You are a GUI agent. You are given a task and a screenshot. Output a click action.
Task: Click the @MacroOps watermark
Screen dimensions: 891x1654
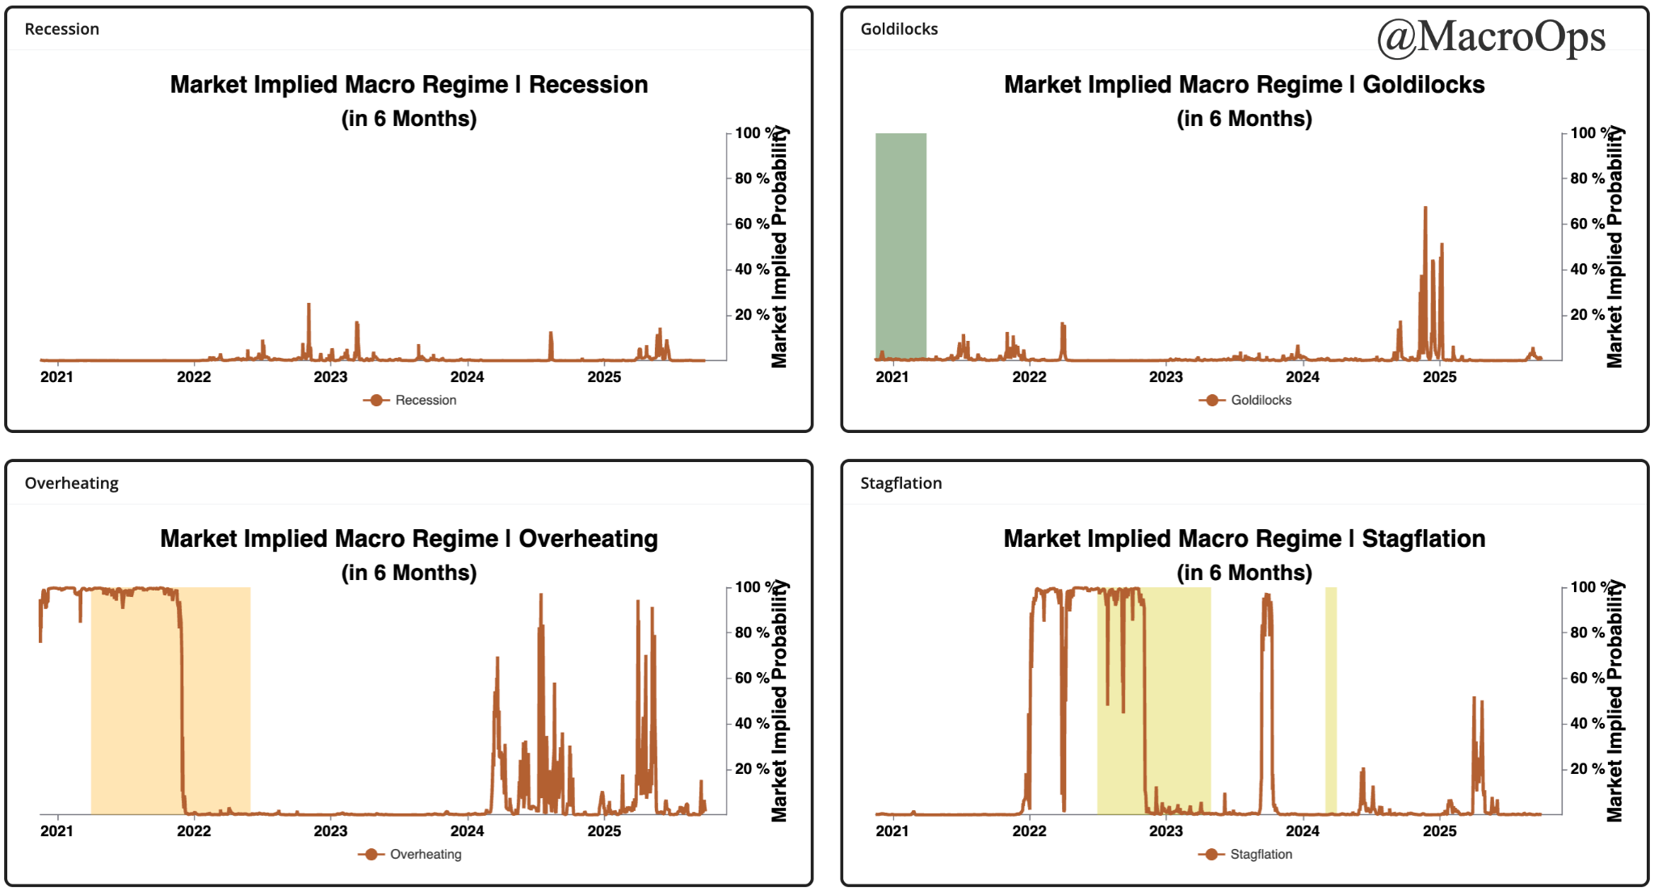[x=1491, y=37]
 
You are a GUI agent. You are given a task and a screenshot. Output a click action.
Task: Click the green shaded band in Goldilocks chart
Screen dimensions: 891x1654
[x=900, y=242]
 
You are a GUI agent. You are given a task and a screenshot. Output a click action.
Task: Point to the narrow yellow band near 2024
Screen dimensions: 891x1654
[x=1330, y=695]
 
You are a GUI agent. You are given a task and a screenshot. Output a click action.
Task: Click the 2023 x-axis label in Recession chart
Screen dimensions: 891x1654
[x=330, y=377]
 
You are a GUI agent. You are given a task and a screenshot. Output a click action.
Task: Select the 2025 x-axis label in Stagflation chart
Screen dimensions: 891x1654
[x=1439, y=831]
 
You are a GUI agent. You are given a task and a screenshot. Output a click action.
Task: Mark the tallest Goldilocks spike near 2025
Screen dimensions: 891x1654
[x=1425, y=210]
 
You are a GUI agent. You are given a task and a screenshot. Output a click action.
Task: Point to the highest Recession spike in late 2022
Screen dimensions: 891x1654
[x=309, y=306]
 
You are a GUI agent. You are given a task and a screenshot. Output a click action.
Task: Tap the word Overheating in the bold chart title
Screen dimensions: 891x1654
[x=588, y=539]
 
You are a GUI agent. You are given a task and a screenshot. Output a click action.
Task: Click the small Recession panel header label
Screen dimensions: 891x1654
[x=62, y=29]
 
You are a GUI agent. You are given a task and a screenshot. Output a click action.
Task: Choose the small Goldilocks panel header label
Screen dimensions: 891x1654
[x=899, y=29]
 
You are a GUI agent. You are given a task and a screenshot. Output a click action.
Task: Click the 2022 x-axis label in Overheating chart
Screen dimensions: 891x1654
[x=194, y=831]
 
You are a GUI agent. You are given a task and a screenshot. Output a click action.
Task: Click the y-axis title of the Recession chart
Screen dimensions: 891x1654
[x=779, y=246]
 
